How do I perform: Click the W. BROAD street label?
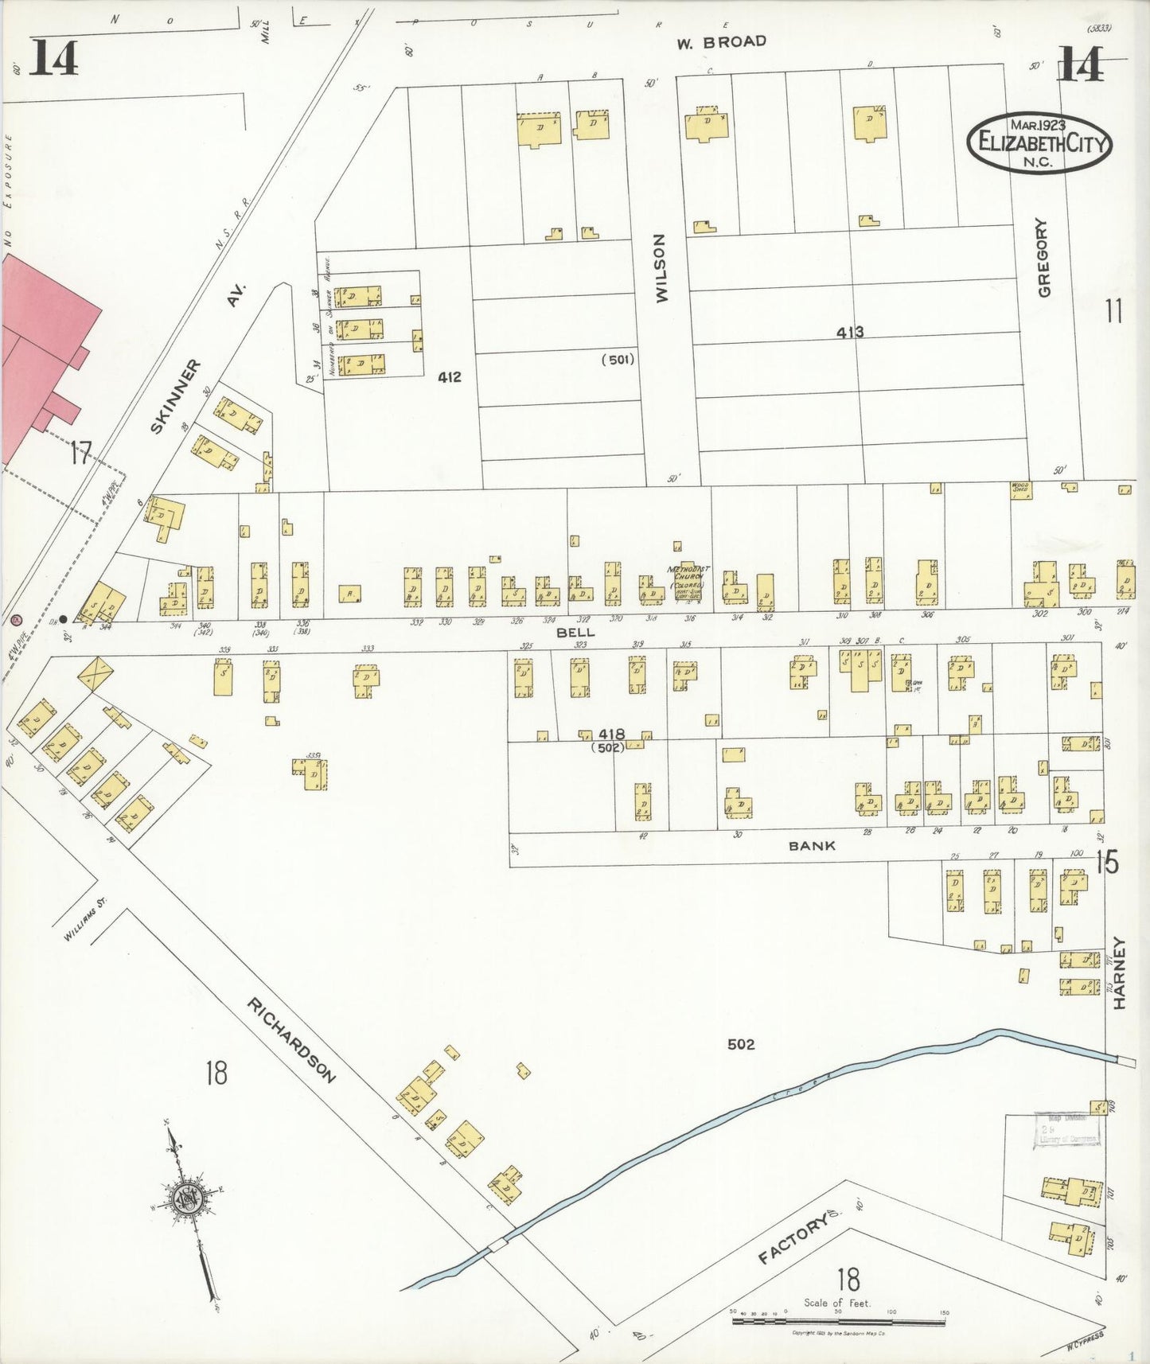pos(721,42)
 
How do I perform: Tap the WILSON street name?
pos(661,267)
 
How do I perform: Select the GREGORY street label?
pos(1044,257)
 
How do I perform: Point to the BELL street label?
pos(575,632)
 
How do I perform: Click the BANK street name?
pos(812,846)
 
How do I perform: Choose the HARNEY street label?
pos(1120,972)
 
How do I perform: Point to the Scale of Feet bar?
pos(838,1323)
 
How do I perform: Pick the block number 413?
pos(849,332)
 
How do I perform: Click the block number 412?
pos(449,376)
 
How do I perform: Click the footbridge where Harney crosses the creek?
pos(1126,1061)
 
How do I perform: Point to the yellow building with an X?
pos(96,672)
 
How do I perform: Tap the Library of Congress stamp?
pos(1066,1130)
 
